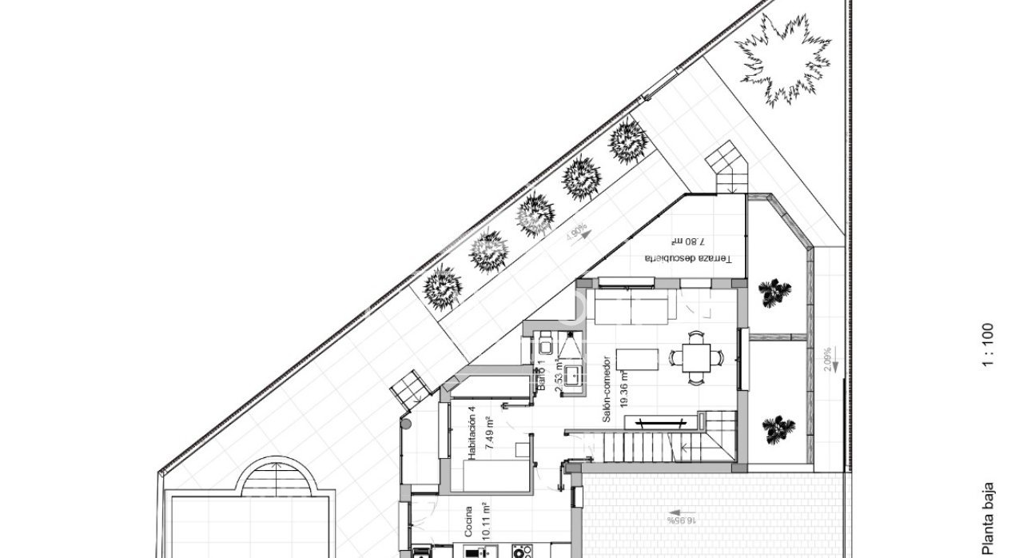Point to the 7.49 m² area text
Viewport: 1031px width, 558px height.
(x=487, y=432)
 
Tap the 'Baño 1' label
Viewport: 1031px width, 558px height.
(x=540, y=374)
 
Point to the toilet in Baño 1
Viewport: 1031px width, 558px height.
(x=545, y=345)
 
